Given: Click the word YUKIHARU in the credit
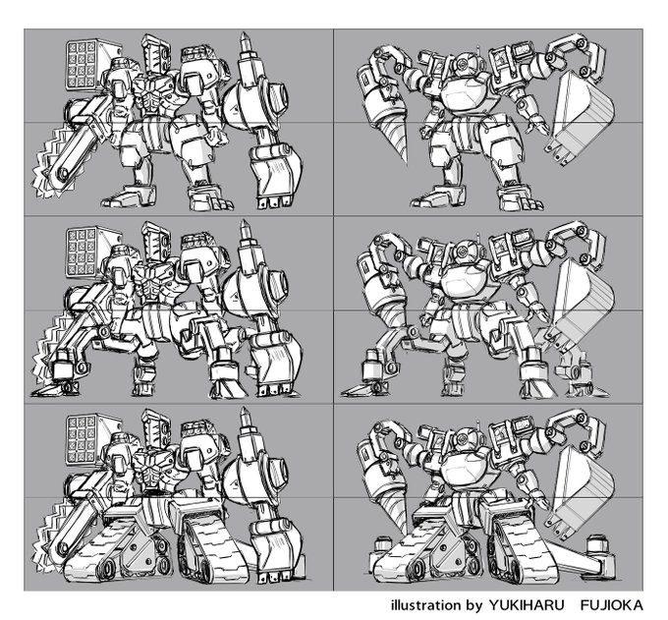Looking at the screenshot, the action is tap(527, 605).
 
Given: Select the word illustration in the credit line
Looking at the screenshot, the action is tap(425, 605).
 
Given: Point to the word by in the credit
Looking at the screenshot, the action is tap(474, 606).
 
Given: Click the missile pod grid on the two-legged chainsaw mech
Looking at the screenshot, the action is tap(82, 65).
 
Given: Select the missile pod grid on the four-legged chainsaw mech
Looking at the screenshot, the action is tap(82, 253).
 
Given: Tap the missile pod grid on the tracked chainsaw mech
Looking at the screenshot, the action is tap(82, 440).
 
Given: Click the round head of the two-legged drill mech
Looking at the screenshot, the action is tap(463, 64).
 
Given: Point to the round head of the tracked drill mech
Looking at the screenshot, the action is tap(463, 439).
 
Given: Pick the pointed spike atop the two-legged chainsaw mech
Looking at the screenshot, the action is tap(246, 42).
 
